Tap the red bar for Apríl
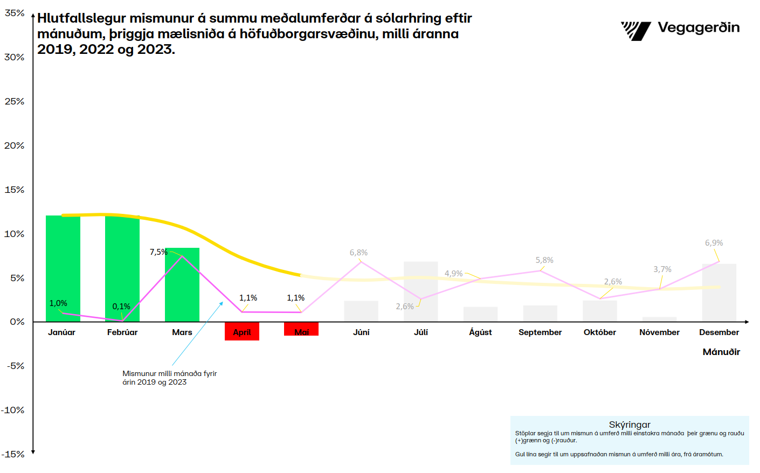[242, 331]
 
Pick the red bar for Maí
[301, 329]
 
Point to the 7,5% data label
[158, 252]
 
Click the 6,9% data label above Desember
[714, 243]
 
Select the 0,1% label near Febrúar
[121, 307]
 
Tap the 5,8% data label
[544, 260]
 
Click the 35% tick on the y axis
[15, 13]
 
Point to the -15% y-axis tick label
[13, 454]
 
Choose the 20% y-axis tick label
[15, 145]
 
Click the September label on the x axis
[540, 332]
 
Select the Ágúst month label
[480, 332]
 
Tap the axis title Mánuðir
[721, 352]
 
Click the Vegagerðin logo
[680, 30]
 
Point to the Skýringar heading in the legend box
[630, 425]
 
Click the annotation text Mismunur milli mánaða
[169, 373]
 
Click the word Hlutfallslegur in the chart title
[81, 18]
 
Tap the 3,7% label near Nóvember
[662, 269]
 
